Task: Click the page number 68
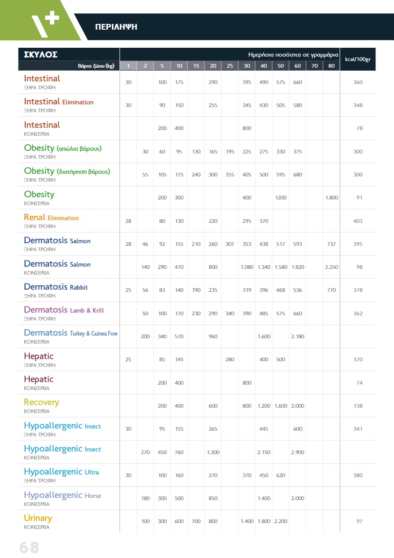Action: tap(29, 547)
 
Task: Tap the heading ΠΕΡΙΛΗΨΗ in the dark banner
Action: tap(116, 27)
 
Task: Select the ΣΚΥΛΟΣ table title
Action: tap(41, 55)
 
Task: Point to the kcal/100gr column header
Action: tap(357, 59)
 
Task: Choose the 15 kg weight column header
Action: tap(196, 66)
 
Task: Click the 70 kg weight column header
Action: tap(314, 66)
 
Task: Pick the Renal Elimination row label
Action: tap(51, 218)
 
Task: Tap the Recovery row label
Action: tap(41, 402)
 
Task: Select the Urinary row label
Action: tap(38, 518)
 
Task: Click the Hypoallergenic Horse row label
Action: tap(62, 495)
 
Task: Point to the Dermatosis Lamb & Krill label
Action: tap(64, 310)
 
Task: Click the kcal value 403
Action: tap(358, 221)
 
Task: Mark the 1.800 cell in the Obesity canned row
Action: tap(331, 198)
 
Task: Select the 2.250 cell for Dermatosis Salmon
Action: tap(331, 267)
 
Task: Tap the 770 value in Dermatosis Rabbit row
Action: tap(331, 290)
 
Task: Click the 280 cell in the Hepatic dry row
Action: tap(230, 359)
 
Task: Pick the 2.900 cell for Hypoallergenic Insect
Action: tap(298, 452)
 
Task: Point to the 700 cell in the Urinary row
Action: tap(196, 521)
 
